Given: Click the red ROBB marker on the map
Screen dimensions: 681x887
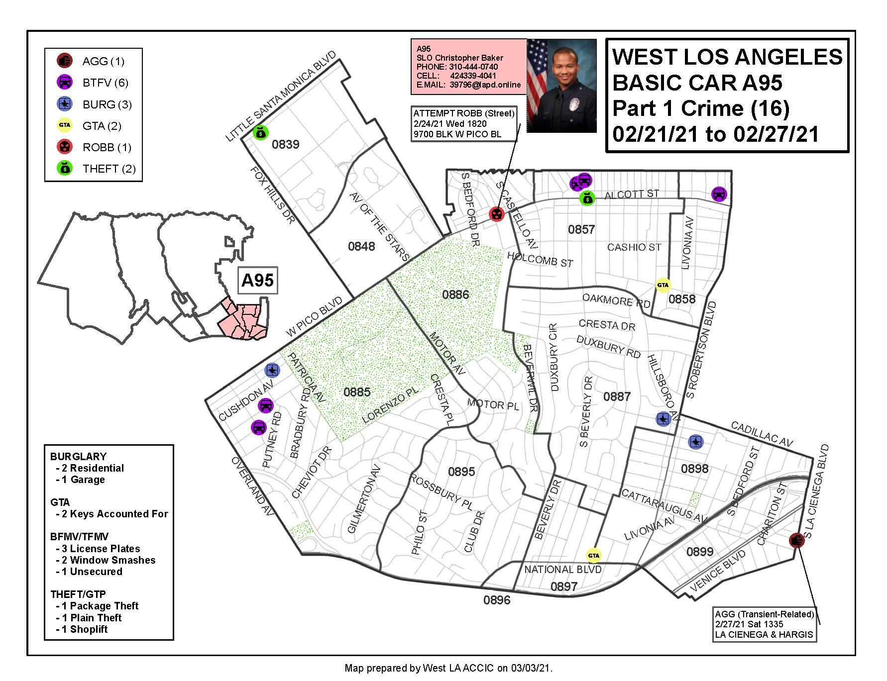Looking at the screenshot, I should (x=496, y=214).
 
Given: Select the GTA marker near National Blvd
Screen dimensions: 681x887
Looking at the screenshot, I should (x=593, y=556).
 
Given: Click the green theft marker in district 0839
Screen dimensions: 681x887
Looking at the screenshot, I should (x=260, y=132).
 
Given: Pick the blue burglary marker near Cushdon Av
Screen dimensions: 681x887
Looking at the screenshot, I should (x=272, y=370).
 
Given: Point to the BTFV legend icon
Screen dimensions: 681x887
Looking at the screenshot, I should (x=65, y=83).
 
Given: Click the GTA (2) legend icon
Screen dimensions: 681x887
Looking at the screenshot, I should (x=65, y=125).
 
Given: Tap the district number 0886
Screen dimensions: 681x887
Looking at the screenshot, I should (x=455, y=294).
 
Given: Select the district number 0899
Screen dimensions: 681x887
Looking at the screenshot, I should (x=700, y=552).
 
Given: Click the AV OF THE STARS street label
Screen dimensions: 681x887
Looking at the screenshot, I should (x=378, y=226).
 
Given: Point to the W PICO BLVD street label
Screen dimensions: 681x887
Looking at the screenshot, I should (x=315, y=317).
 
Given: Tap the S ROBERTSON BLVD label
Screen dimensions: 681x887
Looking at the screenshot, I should (x=701, y=350).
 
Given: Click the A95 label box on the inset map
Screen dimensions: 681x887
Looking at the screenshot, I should (x=257, y=281).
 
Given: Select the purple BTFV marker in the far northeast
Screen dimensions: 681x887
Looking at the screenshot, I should (x=718, y=194).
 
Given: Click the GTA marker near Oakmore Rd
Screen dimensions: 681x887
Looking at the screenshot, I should (x=663, y=285).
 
